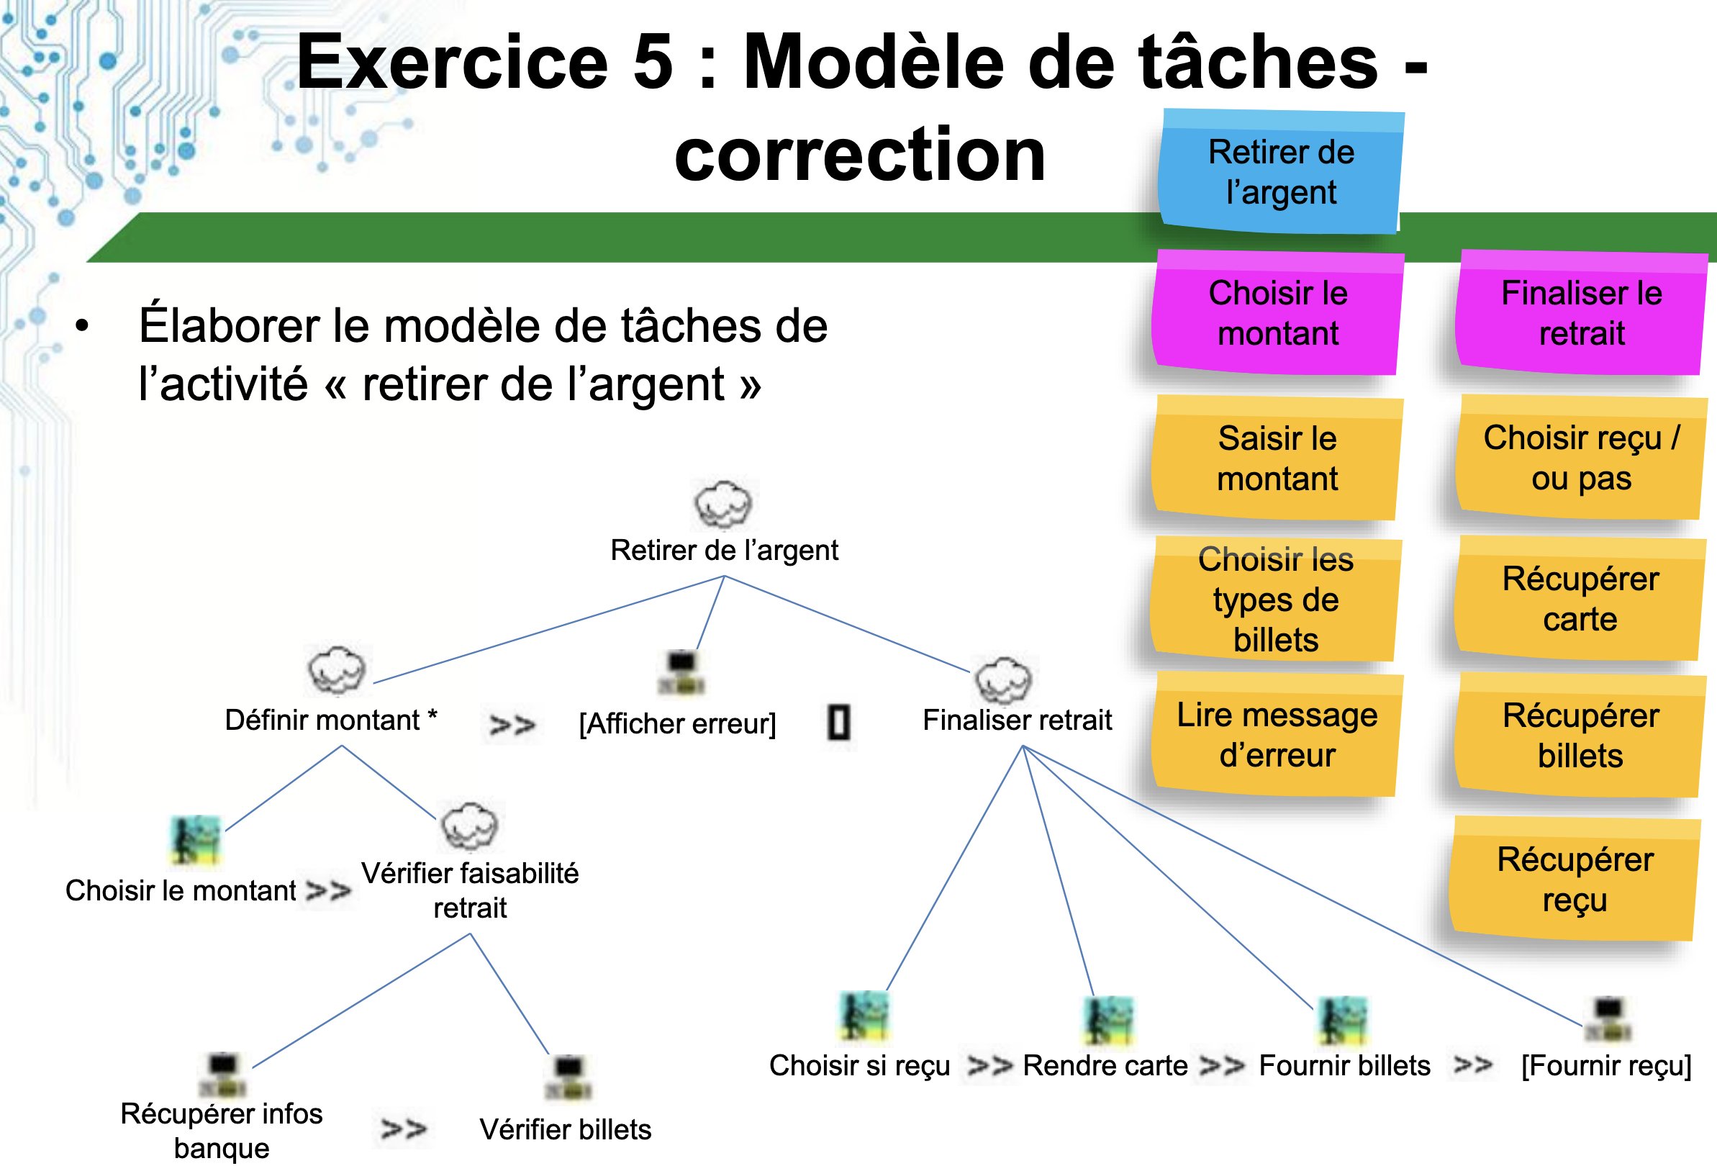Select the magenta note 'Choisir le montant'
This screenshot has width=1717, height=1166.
(1277, 313)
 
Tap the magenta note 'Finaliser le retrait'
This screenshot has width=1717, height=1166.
(1581, 313)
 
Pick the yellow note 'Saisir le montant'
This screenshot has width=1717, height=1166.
(1277, 459)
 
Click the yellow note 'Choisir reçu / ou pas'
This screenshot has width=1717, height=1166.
(1581, 458)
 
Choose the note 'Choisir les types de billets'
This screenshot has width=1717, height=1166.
(1276, 600)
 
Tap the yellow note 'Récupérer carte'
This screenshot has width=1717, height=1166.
(1580, 600)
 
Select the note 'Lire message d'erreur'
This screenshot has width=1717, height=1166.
(1277, 735)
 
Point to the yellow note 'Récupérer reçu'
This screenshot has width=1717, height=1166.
(1575, 880)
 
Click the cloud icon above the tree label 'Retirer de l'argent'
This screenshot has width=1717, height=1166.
(722, 505)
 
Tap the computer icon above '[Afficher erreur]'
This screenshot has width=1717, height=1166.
(681, 672)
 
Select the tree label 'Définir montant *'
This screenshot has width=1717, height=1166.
(331, 720)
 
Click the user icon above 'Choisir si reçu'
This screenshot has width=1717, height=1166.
(864, 1016)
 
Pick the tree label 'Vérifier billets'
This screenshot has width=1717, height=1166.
(565, 1129)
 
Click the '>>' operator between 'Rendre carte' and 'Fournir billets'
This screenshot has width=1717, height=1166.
(1222, 1065)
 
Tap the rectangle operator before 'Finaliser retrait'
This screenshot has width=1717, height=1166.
(838, 723)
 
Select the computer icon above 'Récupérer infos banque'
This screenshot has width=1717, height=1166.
(222, 1075)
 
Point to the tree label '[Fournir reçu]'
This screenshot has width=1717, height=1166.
(1606, 1065)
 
